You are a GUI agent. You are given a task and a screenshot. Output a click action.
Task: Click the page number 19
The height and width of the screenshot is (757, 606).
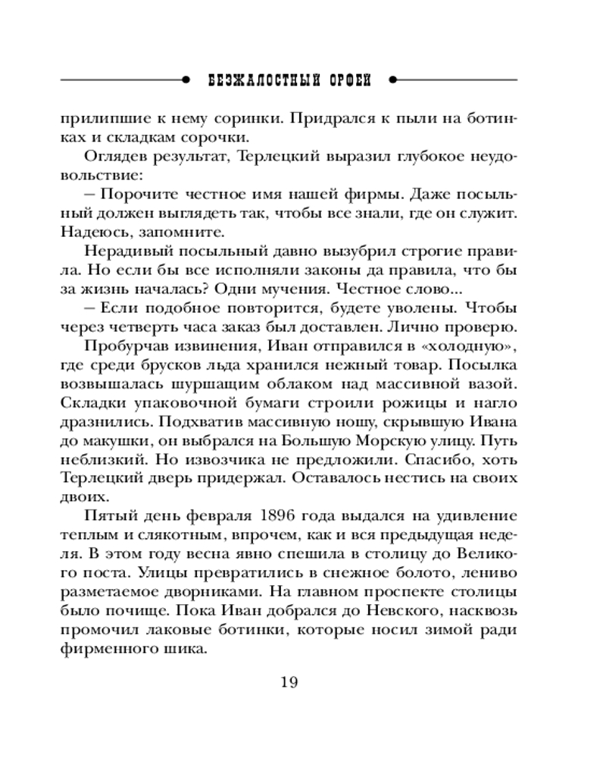[289, 682]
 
